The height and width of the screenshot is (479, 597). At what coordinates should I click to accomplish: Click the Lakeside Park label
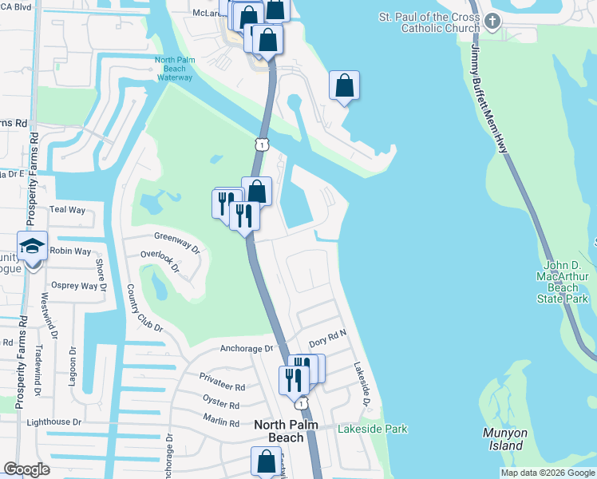[x=372, y=430]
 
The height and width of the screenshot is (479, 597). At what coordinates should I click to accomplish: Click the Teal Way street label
[x=67, y=209]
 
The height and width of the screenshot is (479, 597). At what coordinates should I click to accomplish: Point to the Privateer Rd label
[x=222, y=386]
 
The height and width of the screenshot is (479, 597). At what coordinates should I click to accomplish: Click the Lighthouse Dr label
[x=54, y=422]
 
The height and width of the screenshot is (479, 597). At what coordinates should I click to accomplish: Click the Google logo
[x=26, y=469]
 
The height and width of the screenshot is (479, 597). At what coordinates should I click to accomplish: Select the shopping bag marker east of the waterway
[x=344, y=86]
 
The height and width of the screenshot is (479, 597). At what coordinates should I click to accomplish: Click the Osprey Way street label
[x=73, y=286]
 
